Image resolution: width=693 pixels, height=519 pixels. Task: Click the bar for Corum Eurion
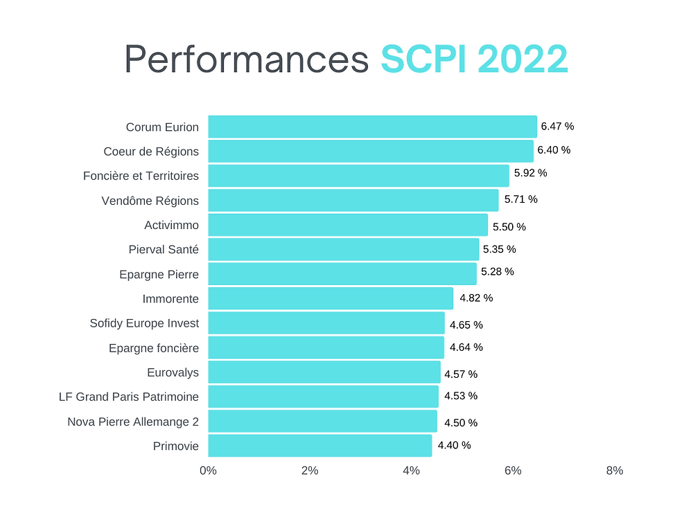pyautogui.click(x=372, y=127)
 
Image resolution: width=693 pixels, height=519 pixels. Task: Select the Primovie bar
pyautogui.click(x=319, y=446)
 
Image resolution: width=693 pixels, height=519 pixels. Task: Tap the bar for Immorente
pyautogui.click(x=331, y=298)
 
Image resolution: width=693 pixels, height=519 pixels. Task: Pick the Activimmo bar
pyautogui.click(x=348, y=225)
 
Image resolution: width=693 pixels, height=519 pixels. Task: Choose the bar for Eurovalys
pyautogui.click(x=324, y=372)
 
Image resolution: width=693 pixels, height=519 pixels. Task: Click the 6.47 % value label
pyautogui.click(x=557, y=126)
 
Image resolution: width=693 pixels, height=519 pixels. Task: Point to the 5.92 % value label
pyautogui.click(x=530, y=173)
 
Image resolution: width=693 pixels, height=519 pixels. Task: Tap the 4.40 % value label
pyautogui.click(x=454, y=445)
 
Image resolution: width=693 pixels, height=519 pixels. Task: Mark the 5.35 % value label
pyautogui.click(x=499, y=249)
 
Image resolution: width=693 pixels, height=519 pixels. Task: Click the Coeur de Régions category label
pyautogui.click(x=151, y=152)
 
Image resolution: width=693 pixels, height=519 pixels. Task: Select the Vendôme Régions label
pyautogui.click(x=150, y=201)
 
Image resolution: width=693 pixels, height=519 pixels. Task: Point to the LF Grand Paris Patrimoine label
pyautogui.click(x=129, y=397)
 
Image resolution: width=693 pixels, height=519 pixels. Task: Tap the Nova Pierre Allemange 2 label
pyautogui.click(x=133, y=421)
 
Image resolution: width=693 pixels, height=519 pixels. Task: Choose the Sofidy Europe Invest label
pyautogui.click(x=144, y=323)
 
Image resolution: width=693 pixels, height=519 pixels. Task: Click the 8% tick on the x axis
pyautogui.click(x=614, y=471)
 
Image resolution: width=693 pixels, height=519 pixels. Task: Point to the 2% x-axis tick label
pyautogui.click(x=310, y=471)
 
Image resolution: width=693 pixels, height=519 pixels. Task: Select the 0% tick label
pyautogui.click(x=208, y=471)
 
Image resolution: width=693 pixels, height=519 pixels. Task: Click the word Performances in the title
pyautogui.click(x=247, y=60)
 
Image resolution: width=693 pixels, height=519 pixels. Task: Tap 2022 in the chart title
pyautogui.click(x=523, y=60)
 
